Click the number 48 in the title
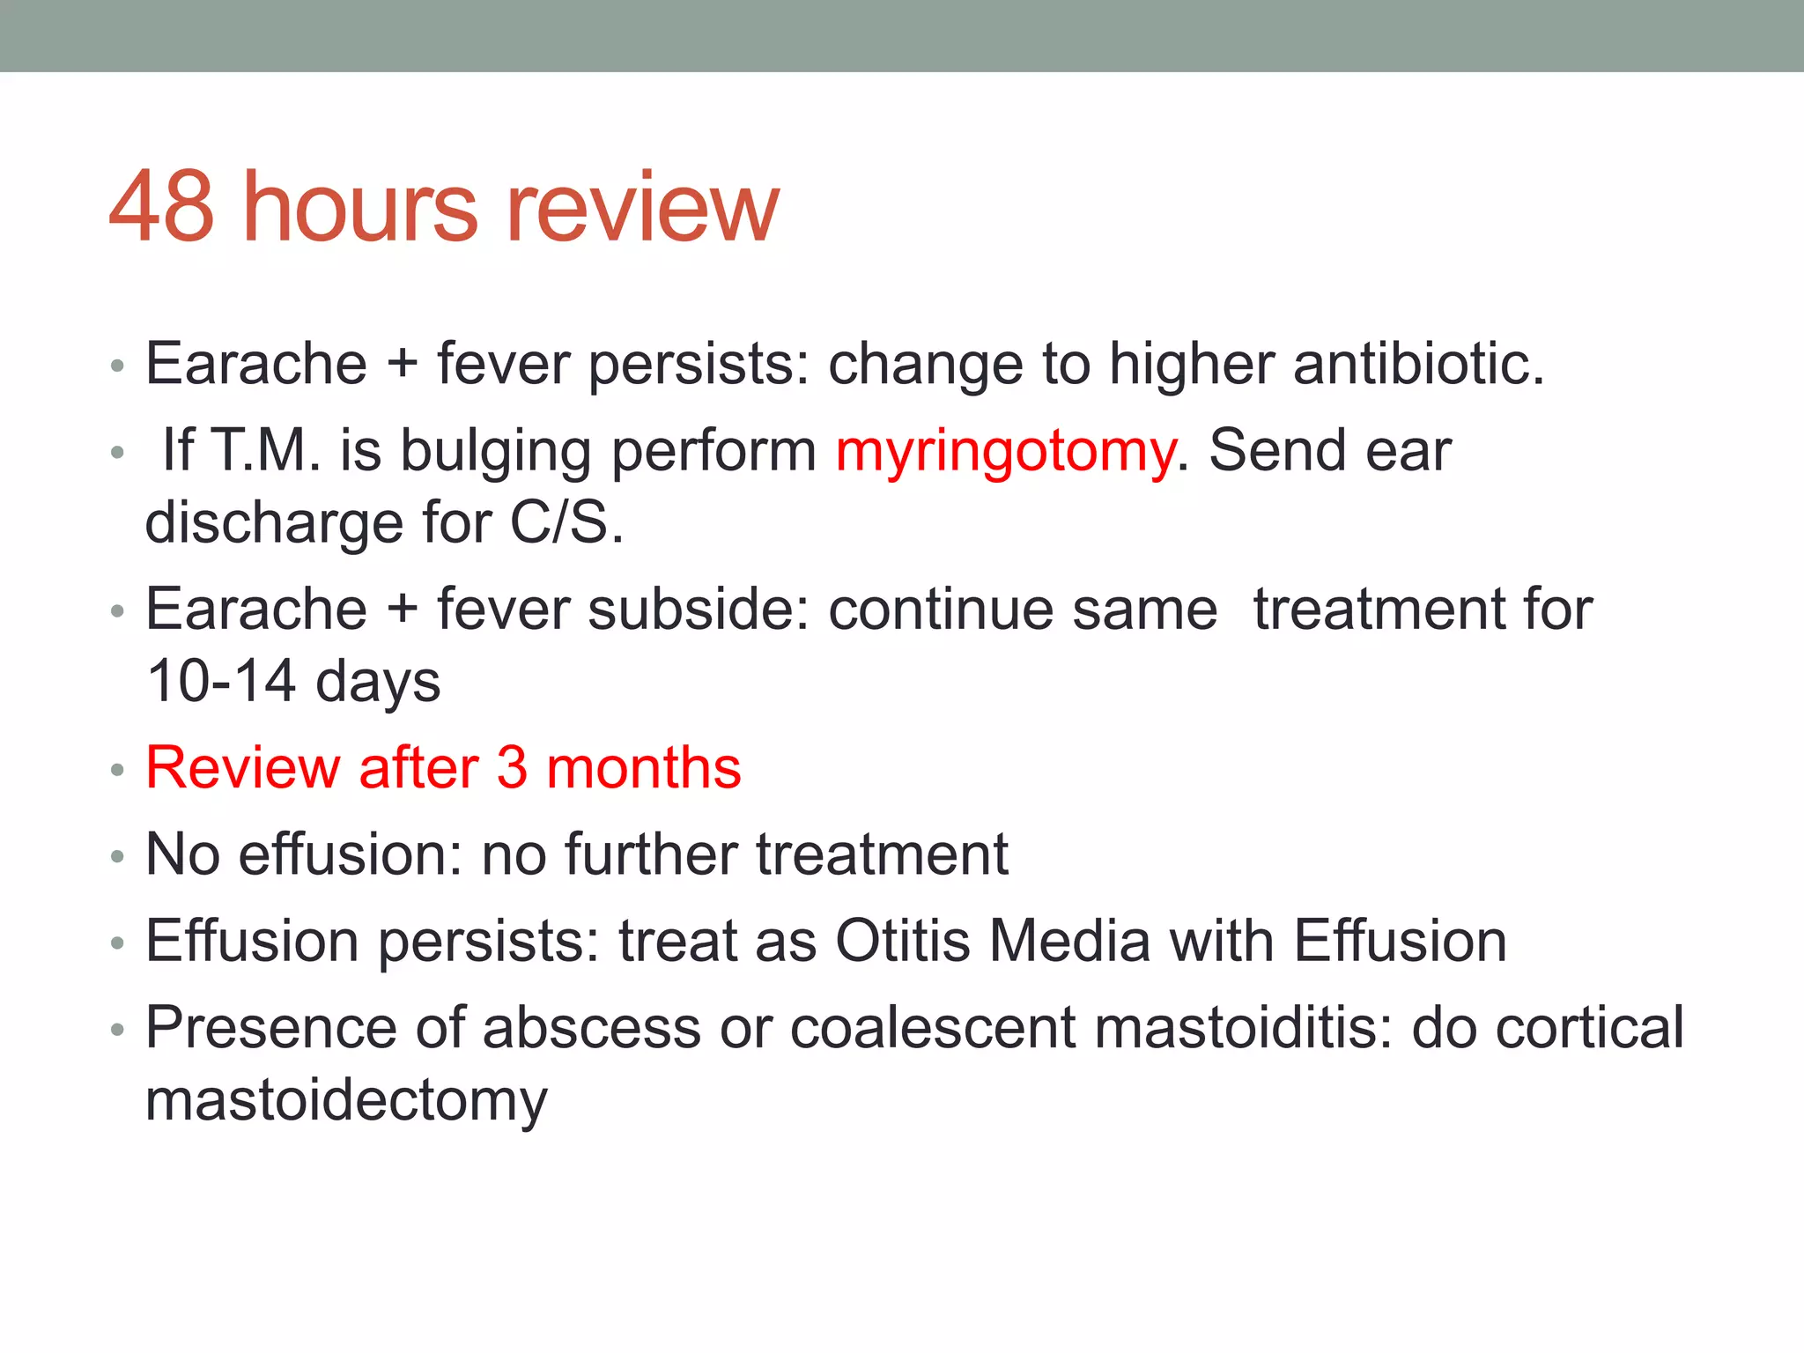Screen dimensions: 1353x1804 161,207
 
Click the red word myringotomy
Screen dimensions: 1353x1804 1005,452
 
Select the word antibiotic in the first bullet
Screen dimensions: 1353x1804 1418,364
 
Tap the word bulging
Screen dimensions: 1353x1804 496,452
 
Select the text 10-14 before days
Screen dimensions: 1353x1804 220,681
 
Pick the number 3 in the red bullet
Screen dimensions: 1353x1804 512,767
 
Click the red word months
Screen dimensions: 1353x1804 644,767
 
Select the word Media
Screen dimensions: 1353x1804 1069,941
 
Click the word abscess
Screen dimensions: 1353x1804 591,1028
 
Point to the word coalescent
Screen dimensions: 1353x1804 933,1028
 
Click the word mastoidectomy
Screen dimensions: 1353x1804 346,1101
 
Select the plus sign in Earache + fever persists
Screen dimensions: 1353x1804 402,364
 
